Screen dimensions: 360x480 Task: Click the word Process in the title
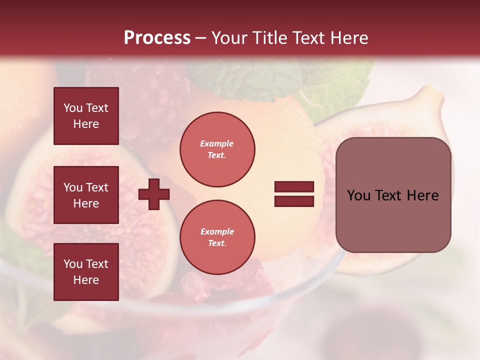point(157,38)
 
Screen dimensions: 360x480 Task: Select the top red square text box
point(86,116)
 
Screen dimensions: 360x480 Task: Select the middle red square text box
point(86,195)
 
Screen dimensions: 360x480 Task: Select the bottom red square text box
point(86,272)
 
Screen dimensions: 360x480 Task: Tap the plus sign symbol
point(154,193)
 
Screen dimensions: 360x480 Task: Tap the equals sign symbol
point(294,194)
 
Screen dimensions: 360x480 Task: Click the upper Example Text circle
point(217,149)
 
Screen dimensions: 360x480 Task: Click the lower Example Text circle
point(217,237)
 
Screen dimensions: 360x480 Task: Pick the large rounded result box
point(393,195)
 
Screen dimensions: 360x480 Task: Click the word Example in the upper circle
point(217,143)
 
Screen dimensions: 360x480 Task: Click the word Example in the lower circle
point(217,231)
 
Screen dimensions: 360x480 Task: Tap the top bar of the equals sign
point(294,186)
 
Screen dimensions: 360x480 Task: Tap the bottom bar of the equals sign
point(294,201)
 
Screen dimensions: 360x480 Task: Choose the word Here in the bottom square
point(86,280)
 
